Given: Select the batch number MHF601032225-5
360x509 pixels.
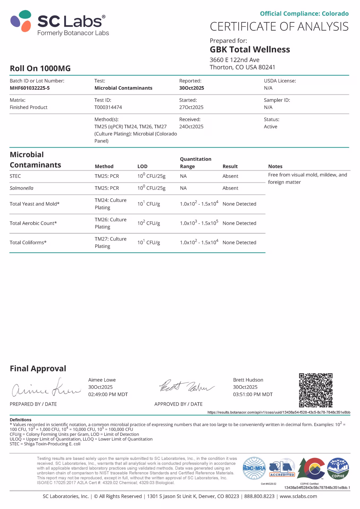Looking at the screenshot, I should [x=30, y=88].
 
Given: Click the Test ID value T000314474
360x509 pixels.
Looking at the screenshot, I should [x=108, y=107].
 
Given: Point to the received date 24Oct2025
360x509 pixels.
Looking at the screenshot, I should [x=191, y=127].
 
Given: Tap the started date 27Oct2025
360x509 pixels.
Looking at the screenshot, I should [x=191, y=107].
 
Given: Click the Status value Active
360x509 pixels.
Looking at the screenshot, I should [x=270, y=127].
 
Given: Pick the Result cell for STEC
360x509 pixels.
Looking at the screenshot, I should [x=230, y=176].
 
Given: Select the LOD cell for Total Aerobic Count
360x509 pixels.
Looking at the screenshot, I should [x=149, y=223].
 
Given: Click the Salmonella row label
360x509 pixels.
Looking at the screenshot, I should [x=21, y=188].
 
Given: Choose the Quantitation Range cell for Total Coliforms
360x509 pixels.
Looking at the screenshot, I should [x=199, y=243].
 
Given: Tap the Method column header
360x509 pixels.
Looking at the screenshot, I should [x=104, y=166].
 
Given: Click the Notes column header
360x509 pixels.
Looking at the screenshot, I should [x=275, y=166].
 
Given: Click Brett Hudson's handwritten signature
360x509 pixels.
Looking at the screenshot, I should [x=186, y=387].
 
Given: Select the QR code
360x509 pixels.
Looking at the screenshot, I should [x=315, y=390].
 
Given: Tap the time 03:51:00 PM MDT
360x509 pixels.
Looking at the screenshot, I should [x=253, y=394].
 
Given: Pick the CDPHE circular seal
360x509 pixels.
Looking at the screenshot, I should [x=338, y=469].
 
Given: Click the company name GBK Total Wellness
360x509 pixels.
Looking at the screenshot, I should [x=250, y=50].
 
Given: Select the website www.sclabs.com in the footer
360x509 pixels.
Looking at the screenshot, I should [x=298, y=496].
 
